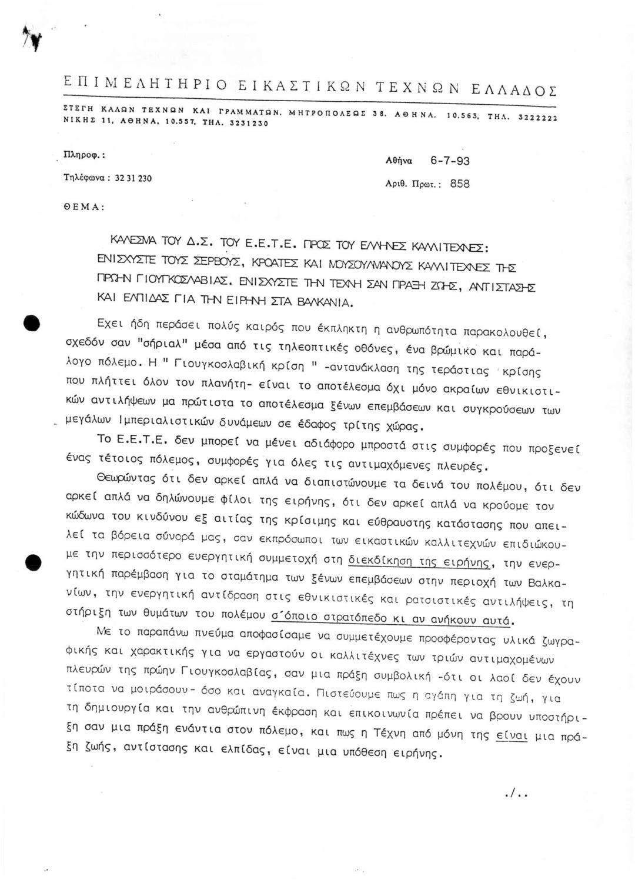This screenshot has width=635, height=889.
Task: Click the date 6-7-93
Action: click(450, 161)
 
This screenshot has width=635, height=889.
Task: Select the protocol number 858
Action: click(460, 184)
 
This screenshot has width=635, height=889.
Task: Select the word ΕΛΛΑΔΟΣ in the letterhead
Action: click(514, 90)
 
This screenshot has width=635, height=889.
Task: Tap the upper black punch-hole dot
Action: click(31, 325)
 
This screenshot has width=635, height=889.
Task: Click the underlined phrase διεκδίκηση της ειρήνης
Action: click(419, 562)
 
